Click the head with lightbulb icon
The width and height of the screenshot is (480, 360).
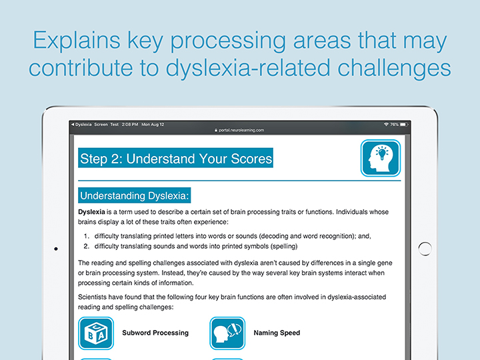[x=381, y=158]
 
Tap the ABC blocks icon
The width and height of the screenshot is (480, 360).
[x=96, y=333]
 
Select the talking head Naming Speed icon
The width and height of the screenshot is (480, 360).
[x=227, y=333]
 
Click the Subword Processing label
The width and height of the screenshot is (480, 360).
[x=155, y=333]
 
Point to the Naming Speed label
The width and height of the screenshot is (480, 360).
[x=277, y=333]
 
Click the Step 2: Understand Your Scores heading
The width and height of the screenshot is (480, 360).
[x=176, y=158]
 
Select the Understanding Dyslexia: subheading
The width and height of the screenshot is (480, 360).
[x=135, y=195]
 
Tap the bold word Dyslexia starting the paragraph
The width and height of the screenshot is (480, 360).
[x=91, y=212]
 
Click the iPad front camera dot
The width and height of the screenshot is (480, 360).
[x=56, y=249]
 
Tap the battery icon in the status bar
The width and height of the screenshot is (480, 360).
[x=404, y=125]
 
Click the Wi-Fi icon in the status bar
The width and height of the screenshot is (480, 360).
[x=386, y=125]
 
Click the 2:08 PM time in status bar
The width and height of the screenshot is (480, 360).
[x=130, y=125]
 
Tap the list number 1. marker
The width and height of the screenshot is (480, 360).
[x=87, y=236]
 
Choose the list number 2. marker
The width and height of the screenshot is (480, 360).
[x=87, y=246]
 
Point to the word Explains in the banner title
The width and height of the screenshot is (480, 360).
[x=77, y=40]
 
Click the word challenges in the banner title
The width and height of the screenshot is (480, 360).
[x=394, y=68]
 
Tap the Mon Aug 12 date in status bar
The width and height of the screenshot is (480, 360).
[x=153, y=125]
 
